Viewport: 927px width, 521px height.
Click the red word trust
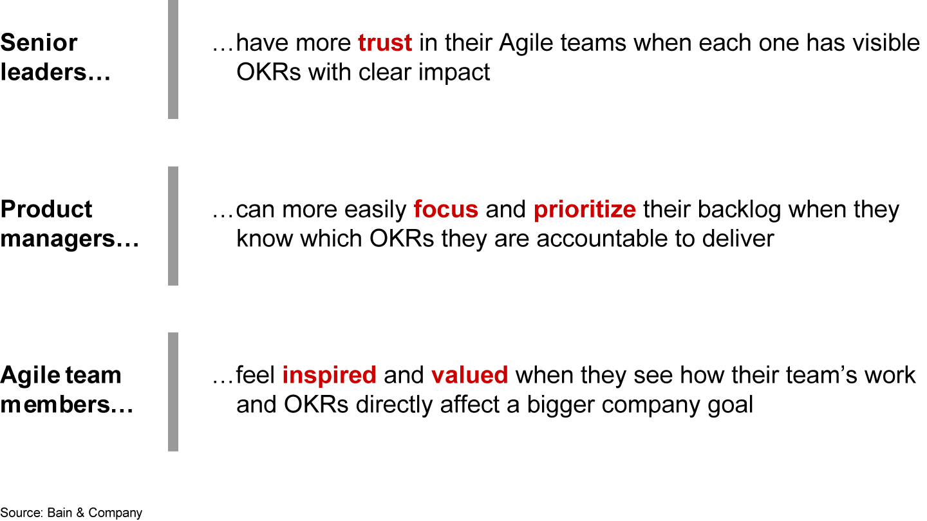tap(385, 43)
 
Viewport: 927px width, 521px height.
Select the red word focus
tap(445, 210)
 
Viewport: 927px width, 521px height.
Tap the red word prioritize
tap(585, 210)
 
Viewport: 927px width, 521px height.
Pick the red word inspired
tap(329, 375)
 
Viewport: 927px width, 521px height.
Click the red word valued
tap(469, 375)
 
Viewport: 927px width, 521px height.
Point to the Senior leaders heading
tap(55, 57)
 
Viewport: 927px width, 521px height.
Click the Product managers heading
tap(70, 224)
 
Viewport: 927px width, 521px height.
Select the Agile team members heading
tap(66, 390)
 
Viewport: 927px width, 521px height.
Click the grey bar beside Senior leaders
tap(173, 59)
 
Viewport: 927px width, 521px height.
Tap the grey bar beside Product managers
tap(173, 226)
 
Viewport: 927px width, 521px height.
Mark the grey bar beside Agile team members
tap(173, 392)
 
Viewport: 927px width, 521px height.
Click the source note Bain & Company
tap(71, 513)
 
